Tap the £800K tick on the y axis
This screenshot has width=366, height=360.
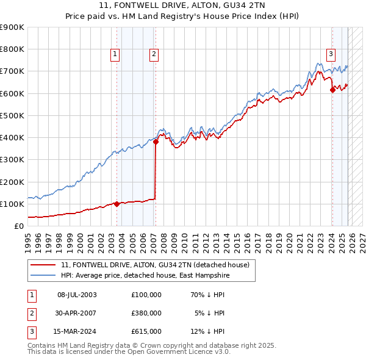(x=12, y=49)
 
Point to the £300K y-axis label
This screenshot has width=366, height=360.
(x=12, y=160)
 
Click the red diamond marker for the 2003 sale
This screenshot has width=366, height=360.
(x=117, y=204)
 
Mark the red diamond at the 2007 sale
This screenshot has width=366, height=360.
(x=156, y=142)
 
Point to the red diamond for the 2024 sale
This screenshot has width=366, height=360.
(x=332, y=90)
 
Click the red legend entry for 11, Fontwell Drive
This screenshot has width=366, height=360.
(x=155, y=265)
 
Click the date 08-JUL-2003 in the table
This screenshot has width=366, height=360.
(x=77, y=295)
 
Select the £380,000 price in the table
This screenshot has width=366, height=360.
(x=146, y=313)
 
